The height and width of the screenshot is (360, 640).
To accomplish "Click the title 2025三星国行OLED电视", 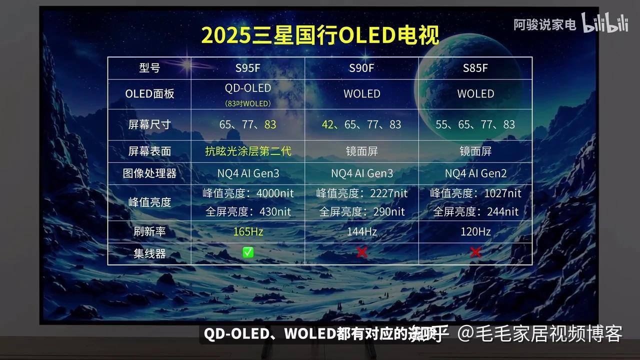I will [x=320, y=35].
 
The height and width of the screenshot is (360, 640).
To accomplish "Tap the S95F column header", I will [x=248, y=68].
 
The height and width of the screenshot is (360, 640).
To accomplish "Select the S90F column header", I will [x=361, y=68].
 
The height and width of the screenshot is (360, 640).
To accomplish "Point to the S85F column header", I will [x=475, y=68].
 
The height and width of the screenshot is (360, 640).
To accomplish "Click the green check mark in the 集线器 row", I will [x=248, y=252].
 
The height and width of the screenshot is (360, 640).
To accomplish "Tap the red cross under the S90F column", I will [x=361, y=252].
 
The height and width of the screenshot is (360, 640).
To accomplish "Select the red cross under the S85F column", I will [x=475, y=252].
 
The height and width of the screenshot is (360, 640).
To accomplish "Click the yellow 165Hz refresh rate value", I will [x=248, y=231].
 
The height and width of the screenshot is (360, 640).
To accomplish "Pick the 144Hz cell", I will [x=361, y=231].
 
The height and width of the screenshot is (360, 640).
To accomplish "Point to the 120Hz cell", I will [x=475, y=231].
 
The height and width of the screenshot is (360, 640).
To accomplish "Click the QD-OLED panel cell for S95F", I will [x=248, y=88].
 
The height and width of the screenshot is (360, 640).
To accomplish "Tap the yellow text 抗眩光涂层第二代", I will [x=248, y=151].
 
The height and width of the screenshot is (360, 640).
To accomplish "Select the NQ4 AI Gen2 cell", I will [x=475, y=173].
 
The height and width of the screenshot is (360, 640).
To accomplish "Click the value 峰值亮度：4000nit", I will [x=248, y=193].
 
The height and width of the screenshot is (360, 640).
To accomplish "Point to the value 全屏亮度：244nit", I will [x=475, y=211].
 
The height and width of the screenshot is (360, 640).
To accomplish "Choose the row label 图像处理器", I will [x=149, y=173].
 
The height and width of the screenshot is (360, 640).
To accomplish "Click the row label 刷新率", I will [x=149, y=231].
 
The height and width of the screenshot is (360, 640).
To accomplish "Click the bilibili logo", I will [x=605, y=23].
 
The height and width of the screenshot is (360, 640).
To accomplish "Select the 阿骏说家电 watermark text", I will [x=545, y=24].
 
